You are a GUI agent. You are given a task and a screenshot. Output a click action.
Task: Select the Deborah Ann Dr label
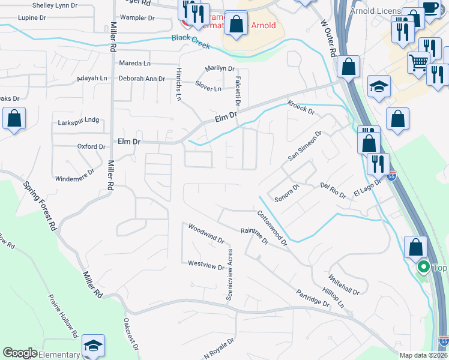[x=142, y=79]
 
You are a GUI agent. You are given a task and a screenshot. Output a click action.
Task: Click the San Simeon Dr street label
[x=305, y=146]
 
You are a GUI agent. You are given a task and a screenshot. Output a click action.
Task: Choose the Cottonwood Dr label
[x=273, y=228]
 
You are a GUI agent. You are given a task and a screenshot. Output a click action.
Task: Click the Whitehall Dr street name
[x=343, y=284]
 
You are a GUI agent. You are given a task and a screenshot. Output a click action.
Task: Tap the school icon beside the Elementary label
[x=93, y=346]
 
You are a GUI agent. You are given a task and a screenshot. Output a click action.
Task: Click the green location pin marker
[x=423, y=267]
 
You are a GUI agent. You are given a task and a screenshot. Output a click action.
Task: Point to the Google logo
[x=20, y=353]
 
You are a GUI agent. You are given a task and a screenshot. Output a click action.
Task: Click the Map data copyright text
[x=424, y=355]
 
